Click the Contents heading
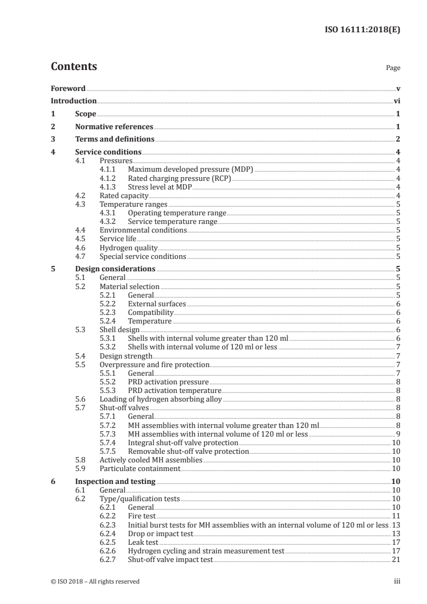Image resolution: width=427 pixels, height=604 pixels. (74, 67)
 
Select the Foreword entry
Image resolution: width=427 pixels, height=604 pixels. (68, 88)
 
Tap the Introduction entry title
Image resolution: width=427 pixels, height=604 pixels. (74, 101)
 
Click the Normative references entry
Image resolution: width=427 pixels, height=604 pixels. (114, 127)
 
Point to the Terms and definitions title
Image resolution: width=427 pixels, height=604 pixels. (115, 139)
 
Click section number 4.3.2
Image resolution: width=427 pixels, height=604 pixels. (107, 221)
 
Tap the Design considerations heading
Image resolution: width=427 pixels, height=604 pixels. (115, 269)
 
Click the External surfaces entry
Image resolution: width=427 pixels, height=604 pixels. (157, 304)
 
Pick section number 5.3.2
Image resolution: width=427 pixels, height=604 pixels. (107, 347)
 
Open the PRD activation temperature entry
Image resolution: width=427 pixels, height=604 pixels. (174, 390)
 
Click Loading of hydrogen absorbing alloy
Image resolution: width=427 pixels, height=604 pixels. (160, 399)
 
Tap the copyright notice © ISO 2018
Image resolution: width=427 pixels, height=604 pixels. (95, 581)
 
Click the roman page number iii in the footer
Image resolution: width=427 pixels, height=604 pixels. (397, 581)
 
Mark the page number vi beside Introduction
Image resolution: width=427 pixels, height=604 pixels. (396, 101)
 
